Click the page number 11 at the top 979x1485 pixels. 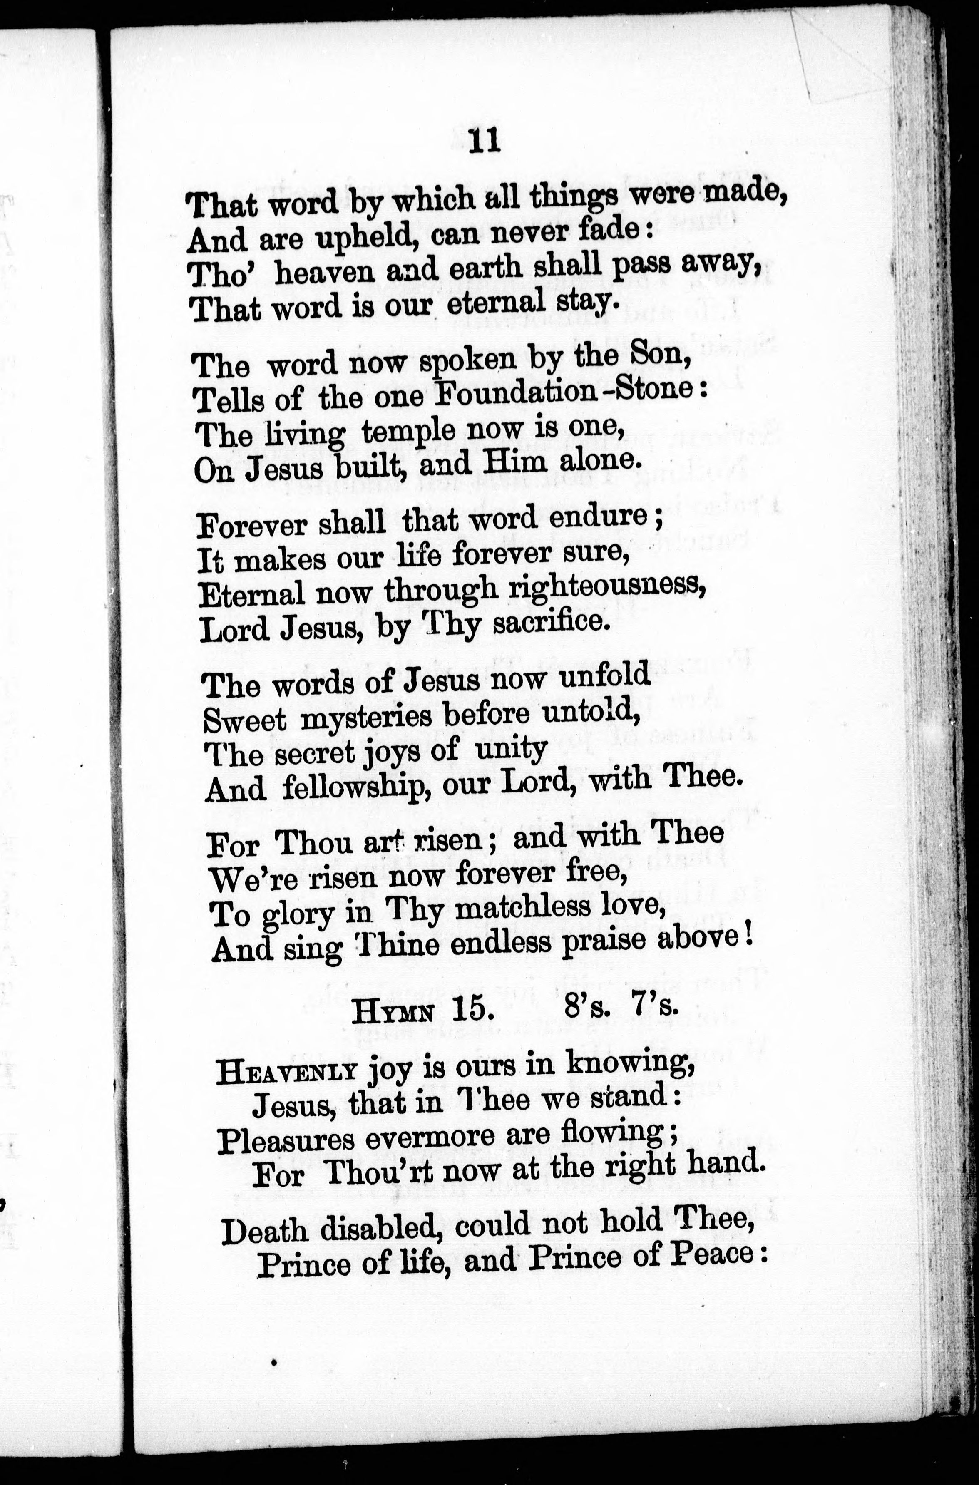coord(484,142)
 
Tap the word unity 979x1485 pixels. coord(511,749)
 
